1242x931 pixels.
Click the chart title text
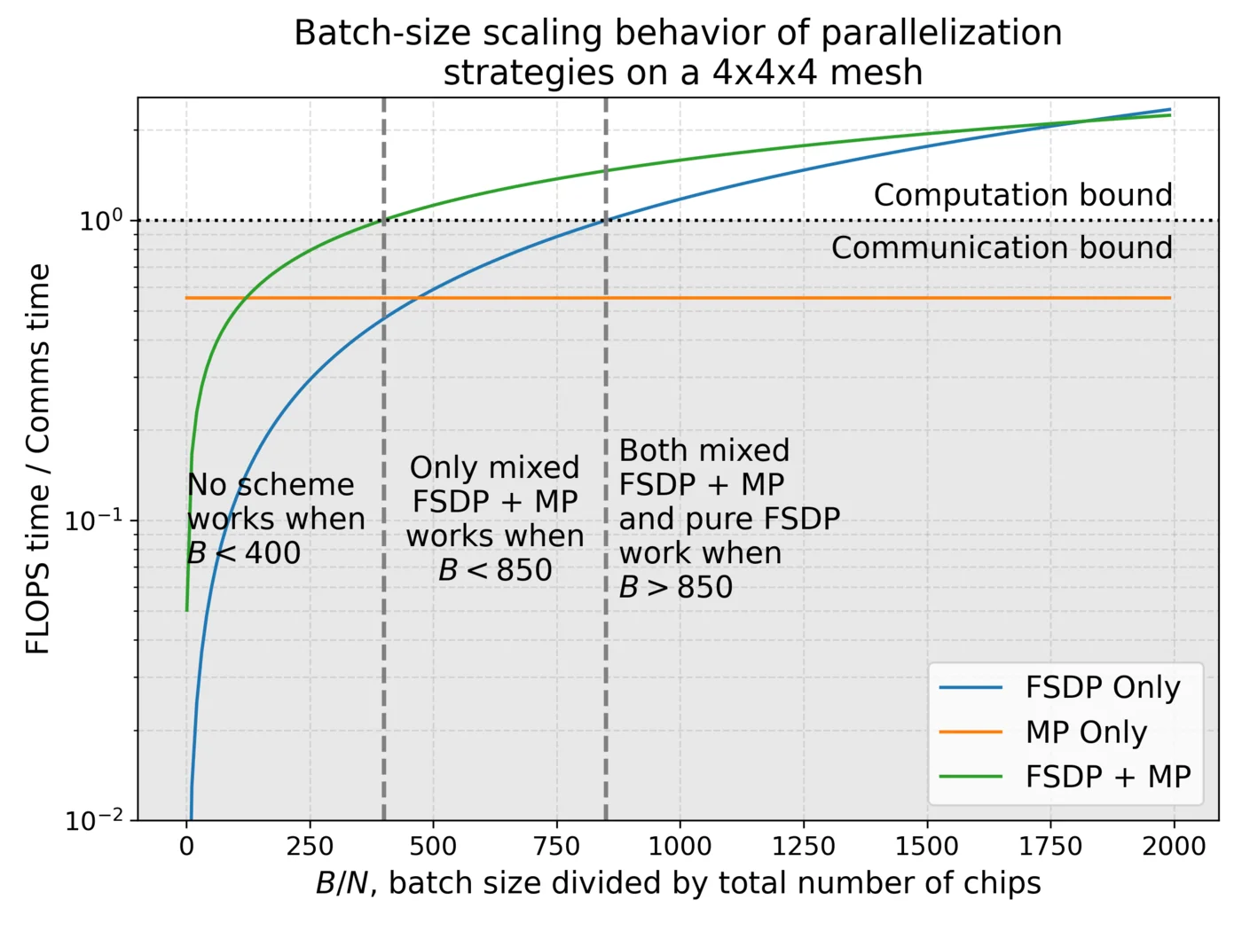coord(678,51)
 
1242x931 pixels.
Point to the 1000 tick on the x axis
coord(680,846)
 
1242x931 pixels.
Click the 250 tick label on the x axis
coord(310,846)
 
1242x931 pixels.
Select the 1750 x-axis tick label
coord(1050,846)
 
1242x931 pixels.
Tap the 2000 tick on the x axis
coord(1174,846)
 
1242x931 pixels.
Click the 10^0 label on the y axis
coord(100,220)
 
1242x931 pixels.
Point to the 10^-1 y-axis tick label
coord(96,520)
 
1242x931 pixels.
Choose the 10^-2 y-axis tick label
coord(96,820)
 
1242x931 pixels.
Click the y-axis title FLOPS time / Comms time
coord(38,459)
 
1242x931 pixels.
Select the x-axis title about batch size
coord(678,883)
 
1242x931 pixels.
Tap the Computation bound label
coord(1022,195)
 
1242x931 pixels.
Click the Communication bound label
coord(1001,248)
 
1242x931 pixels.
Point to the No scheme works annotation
coord(275,519)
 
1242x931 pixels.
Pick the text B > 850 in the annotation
coord(676,587)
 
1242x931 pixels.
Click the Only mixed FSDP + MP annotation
coord(495,519)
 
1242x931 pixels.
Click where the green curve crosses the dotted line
coord(384,220)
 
